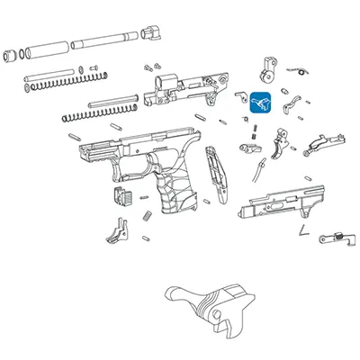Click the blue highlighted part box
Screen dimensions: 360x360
(x=261, y=104)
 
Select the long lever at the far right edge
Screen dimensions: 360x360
(x=325, y=142)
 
